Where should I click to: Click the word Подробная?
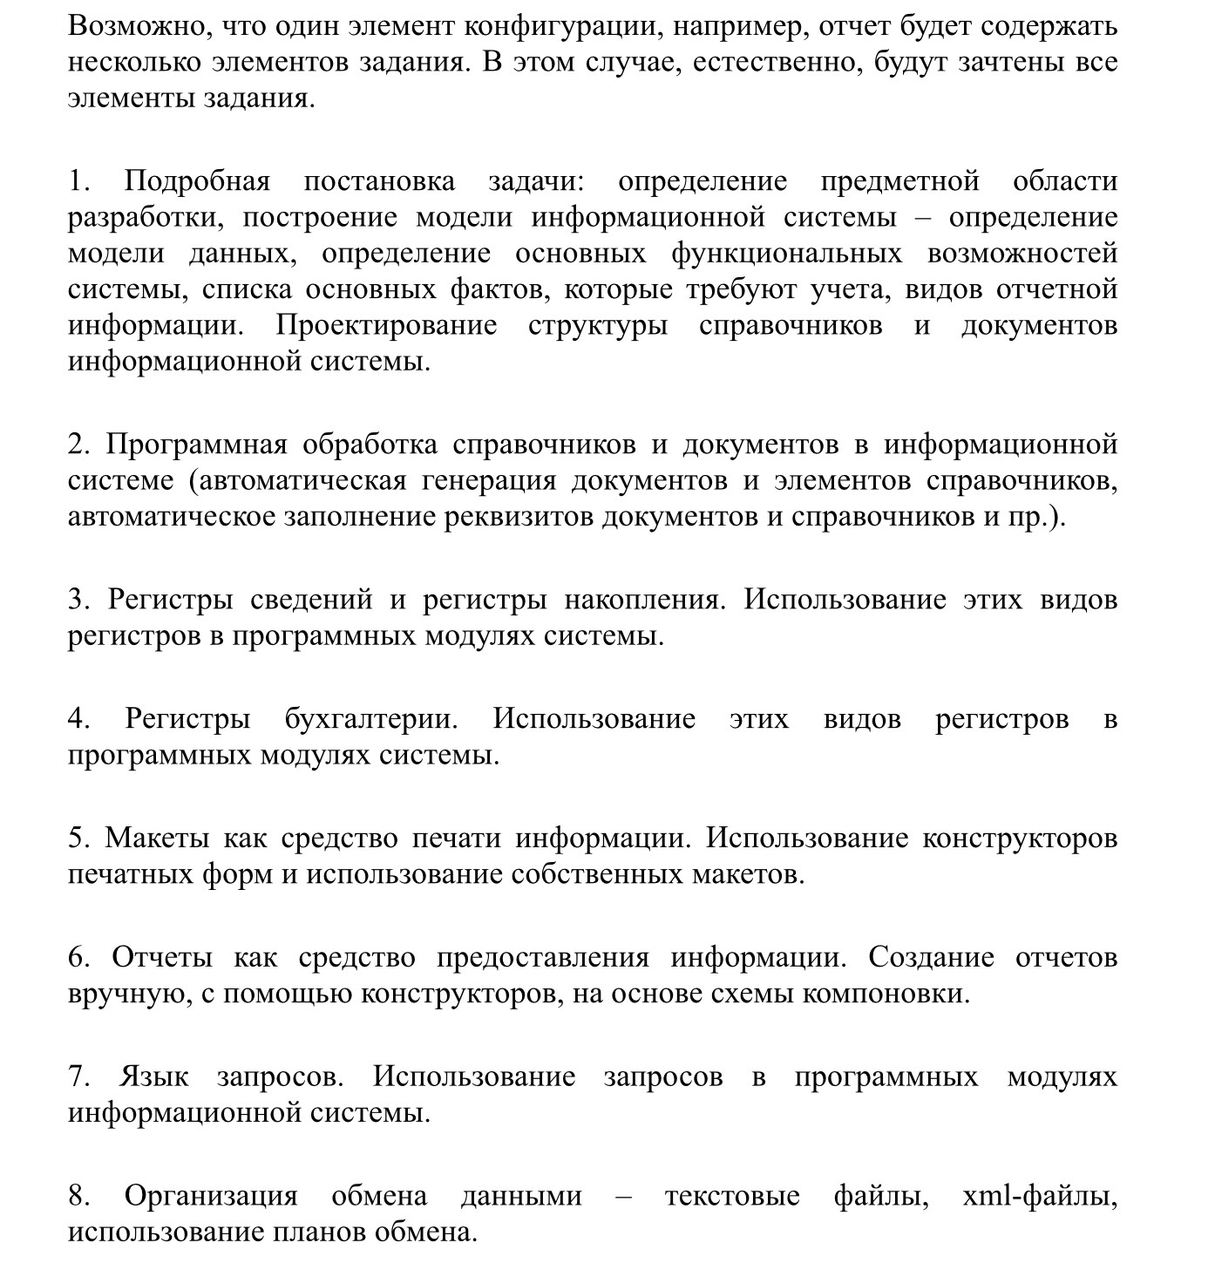pyautogui.click(x=197, y=181)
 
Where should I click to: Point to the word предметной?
pyautogui.click(x=899, y=181)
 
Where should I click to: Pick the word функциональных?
pyautogui.click(x=786, y=253)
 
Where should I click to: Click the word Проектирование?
pyautogui.click(x=386, y=325)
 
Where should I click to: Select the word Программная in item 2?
pyautogui.click(x=197, y=445)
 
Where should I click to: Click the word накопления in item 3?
pyautogui.click(x=643, y=600)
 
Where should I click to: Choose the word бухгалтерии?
pyautogui.click(x=370, y=719)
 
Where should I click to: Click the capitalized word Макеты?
pyautogui.click(x=157, y=839)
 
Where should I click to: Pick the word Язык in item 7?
pyautogui.click(x=153, y=1077)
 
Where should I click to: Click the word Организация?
pyautogui.click(x=210, y=1196)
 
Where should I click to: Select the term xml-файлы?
pyautogui.click(x=1039, y=1196)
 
